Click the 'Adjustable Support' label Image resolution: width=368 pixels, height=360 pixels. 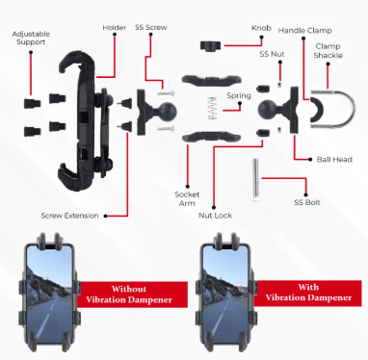coord(31,38)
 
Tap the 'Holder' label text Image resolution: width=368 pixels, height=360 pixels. coord(115,28)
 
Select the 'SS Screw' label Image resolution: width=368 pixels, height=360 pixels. coord(151,27)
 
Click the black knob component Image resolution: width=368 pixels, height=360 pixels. coord(209,46)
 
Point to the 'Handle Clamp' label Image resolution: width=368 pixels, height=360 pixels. coord(304,31)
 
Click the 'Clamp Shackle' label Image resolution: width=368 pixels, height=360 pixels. coord(328,51)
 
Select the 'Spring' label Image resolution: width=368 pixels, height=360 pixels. coord(239,95)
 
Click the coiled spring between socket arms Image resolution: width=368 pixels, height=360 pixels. coord(213,109)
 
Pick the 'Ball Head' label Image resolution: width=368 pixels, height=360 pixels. coord(334,160)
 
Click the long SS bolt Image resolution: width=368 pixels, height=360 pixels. coord(255,180)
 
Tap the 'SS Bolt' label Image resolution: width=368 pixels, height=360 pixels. coord(307,202)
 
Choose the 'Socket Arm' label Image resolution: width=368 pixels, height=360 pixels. coord(187,198)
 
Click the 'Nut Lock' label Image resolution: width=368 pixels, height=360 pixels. coord(215,216)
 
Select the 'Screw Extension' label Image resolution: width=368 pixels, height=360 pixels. coord(69,216)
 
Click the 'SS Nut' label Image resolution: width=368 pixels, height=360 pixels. coord(272,54)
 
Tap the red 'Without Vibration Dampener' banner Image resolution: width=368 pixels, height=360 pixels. coord(132,295)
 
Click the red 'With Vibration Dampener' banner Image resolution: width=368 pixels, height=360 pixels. coord(307,293)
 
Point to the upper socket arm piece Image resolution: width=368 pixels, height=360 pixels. coord(211,81)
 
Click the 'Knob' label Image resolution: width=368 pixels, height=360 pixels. coord(261,28)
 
